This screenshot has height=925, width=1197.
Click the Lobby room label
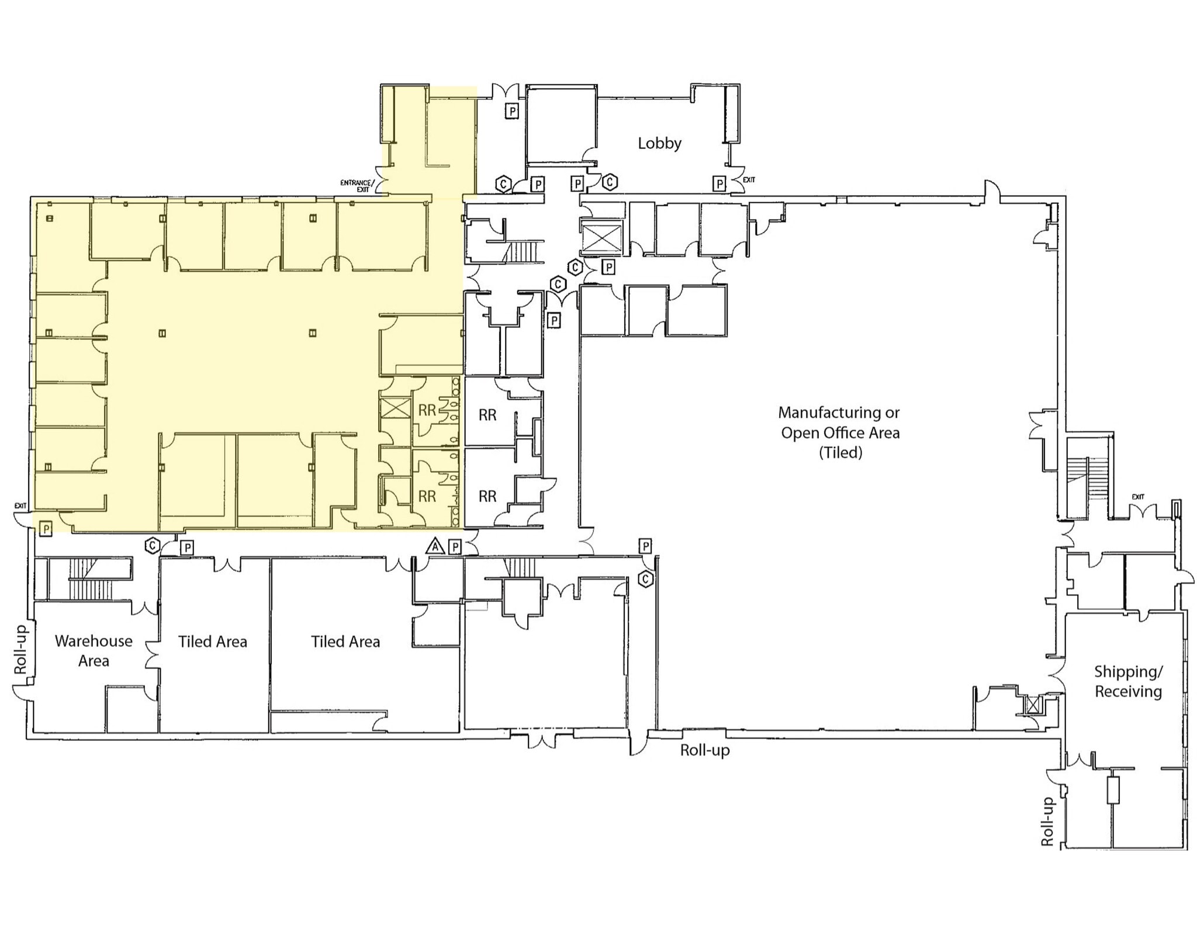pyautogui.click(x=659, y=143)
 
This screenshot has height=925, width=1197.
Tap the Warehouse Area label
pyautogui.click(x=94, y=650)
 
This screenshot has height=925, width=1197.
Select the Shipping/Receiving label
pyautogui.click(x=1128, y=681)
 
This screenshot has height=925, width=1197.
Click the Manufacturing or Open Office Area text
pyautogui.click(x=839, y=432)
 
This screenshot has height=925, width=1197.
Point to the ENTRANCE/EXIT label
pyautogui.click(x=357, y=186)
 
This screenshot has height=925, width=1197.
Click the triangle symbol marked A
pyautogui.click(x=434, y=546)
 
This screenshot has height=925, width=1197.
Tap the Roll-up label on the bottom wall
pyautogui.click(x=704, y=750)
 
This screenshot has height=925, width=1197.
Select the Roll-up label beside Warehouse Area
pyautogui.click(x=20, y=649)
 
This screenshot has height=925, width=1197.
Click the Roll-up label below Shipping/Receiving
pyautogui.click(x=1047, y=822)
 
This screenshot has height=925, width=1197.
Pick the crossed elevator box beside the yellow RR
pyautogui.click(x=395, y=408)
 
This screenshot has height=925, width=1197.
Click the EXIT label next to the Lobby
pyautogui.click(x=749, y=180)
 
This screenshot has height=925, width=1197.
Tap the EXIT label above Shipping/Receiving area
pyautogui.click(x=1137, y=497)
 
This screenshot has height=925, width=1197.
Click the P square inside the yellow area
pyautogui.click(x=46, y=529)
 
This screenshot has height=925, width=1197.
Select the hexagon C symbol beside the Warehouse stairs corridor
pyautogui.click(x=152, y=546)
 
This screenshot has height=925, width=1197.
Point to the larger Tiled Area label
pyautogui.click(x=345, y=642)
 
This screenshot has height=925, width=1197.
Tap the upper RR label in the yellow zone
pyautogui.click(x=427, y=411)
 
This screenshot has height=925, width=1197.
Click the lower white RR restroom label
pyautogui.click(x=487, y=496)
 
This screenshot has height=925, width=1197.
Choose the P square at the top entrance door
pyautogui.click(x=511, y=111)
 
